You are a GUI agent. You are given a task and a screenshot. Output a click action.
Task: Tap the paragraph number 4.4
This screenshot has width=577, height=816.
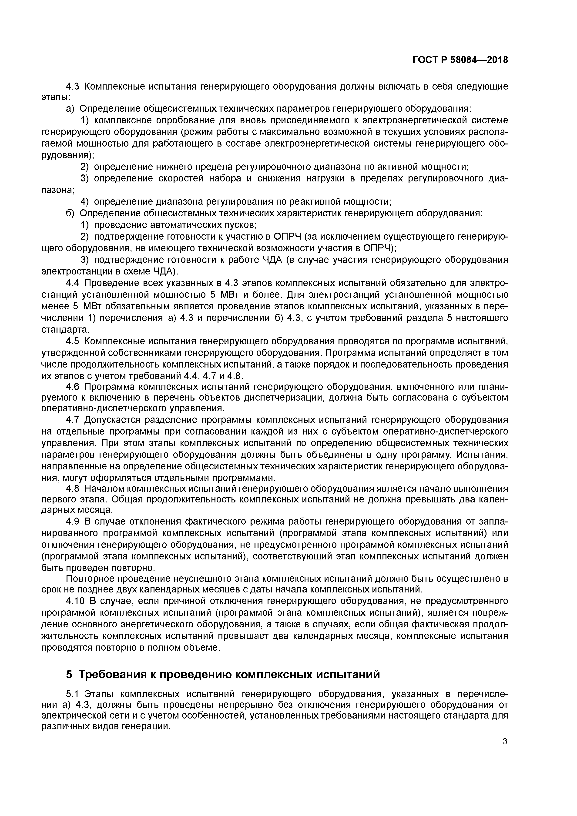click(x=73, y=283)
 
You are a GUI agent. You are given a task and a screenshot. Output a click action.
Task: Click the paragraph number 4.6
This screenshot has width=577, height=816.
click(x=73, y=386)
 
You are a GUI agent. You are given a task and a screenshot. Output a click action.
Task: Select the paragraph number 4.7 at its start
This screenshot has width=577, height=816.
click(x=73, y=420)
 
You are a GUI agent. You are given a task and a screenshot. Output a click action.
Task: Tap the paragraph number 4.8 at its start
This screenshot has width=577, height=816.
click(x=73, y=489)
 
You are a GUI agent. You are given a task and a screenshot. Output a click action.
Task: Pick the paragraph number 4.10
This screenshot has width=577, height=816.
click(x=76, y=601)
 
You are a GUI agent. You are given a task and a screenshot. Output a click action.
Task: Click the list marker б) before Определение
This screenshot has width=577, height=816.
click(x=70, y=213)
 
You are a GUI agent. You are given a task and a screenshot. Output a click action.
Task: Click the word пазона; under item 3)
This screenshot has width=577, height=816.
click(x=58, y=190)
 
